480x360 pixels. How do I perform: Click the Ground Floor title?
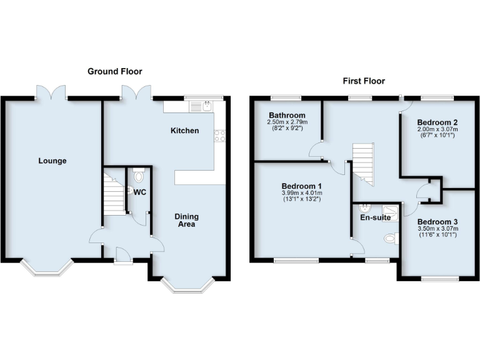[111, 72]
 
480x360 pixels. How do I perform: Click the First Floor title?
[363, 81]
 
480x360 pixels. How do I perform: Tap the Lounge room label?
[52, 161]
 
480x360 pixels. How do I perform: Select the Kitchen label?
[185, 131]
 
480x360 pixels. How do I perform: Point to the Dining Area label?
[186, 220]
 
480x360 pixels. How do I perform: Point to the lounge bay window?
[47, 267]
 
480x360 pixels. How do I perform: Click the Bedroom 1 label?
[302, 186]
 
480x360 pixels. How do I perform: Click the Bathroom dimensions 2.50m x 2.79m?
[287, 122]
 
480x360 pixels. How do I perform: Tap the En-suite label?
[375, 217]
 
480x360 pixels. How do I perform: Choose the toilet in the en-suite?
[390, 238]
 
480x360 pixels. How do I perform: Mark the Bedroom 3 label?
[438, 222]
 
